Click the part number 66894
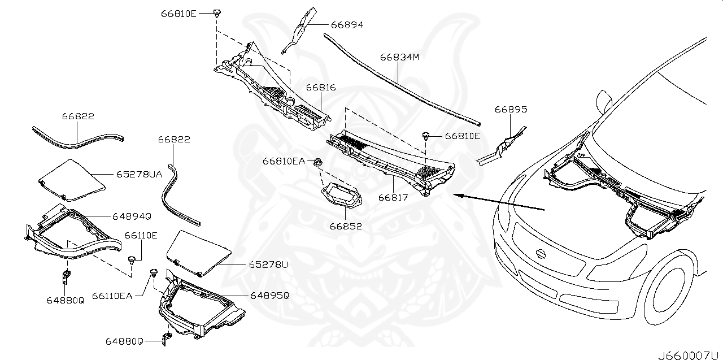pos(347,25)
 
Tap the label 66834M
pos(399,57)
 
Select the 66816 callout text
pos(321,88)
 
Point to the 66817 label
pos(393,197)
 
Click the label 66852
pos(346,226)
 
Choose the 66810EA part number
pos(284,161)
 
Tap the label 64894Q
pos(132,216)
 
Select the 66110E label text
pos(141,236)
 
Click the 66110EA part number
pos(112,295)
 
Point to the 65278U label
pos(268,264)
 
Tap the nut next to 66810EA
pos(317,163)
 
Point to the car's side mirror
pos(605,102)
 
